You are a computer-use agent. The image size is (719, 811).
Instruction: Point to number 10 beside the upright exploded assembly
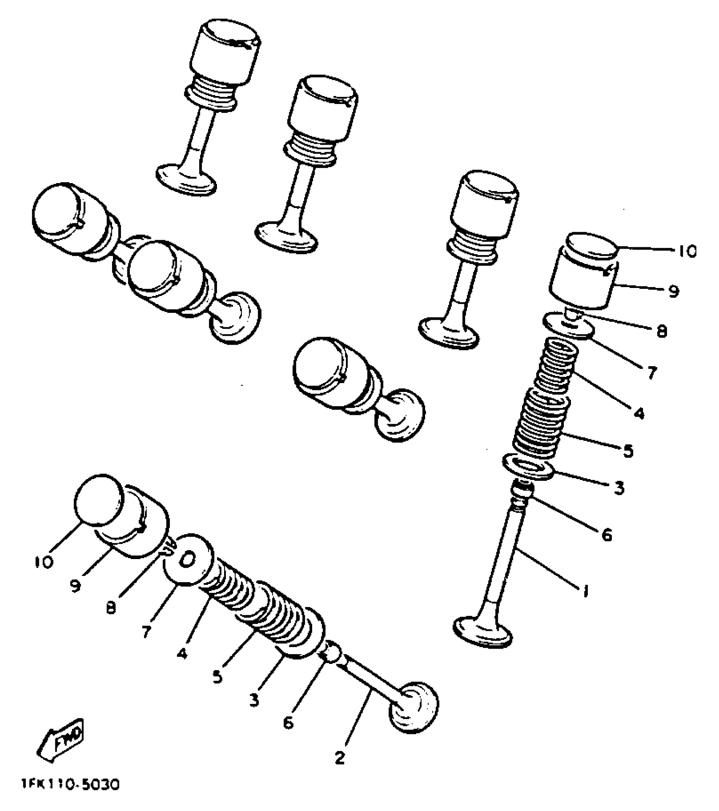coord(686,252)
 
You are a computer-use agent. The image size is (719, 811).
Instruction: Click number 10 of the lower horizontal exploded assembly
coord(44,562)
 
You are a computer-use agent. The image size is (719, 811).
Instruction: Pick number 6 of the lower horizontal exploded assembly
coord(288,723)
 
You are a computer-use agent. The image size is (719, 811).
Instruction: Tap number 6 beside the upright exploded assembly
coord(606,535)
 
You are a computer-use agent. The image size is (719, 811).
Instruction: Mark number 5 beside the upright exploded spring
coord(628,451)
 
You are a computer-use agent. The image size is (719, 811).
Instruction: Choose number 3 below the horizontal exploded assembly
coord(254,701)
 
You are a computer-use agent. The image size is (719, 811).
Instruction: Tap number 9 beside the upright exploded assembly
coord(673,291)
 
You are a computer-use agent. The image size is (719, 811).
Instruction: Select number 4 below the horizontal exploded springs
coord(182,653)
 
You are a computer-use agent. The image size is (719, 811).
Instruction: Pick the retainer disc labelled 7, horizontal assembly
coord(188,560)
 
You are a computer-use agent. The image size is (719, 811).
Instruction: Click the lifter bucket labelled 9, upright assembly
coord(582,288)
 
